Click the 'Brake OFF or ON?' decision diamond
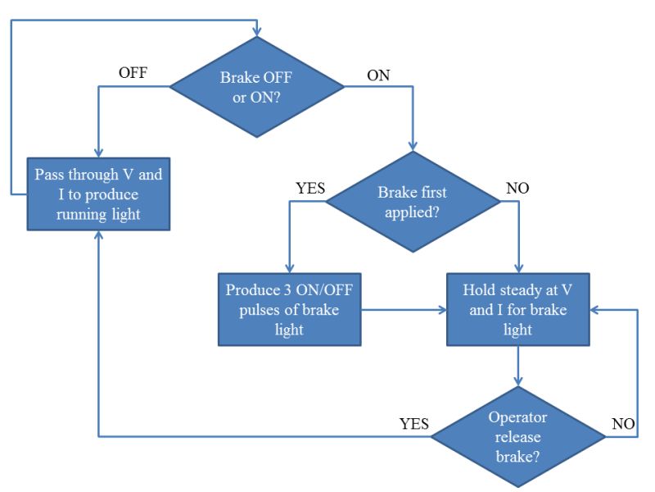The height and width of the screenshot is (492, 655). coord(257,84)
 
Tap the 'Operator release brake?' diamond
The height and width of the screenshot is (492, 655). coord(518,436)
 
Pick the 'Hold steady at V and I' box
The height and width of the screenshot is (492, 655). coord(518,310)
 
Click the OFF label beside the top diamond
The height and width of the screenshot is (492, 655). coord(133,73)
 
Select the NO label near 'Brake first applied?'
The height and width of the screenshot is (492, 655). coord(517,188)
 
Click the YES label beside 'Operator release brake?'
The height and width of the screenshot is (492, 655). coord(413,425)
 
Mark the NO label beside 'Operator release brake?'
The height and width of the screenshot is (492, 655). coord(624,425)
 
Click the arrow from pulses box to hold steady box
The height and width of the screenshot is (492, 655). coord(404,310)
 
